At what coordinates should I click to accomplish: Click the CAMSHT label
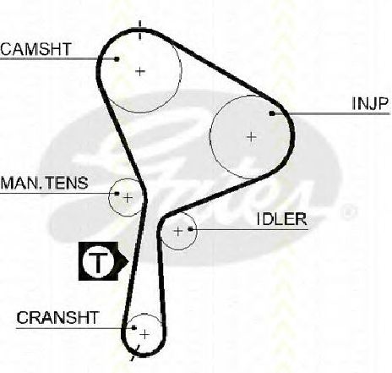[35, 49]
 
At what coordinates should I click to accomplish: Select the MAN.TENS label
[44, 183]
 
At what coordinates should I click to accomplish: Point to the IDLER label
[282, 219]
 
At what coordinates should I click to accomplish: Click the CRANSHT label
[57, 318]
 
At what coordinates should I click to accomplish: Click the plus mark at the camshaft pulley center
[140, 71]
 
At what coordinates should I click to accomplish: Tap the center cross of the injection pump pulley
[251, 137]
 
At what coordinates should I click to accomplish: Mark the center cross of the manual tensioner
[128, 198]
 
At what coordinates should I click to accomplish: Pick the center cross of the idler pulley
[178, 232]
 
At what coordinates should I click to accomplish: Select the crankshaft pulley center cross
[144, 335]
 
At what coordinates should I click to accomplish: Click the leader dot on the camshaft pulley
[117, 59]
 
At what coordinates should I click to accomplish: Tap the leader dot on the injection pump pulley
[272, 113]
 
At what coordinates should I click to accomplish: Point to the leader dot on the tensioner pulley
[117, 194]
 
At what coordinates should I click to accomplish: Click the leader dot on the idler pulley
[191, 229]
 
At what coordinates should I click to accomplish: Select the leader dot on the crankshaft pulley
[134, 327]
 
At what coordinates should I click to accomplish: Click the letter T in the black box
[98, 261]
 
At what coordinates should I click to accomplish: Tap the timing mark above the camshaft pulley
[140, 30]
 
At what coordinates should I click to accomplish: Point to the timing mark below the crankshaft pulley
[134, 353]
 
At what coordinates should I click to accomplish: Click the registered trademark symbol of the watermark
[348, 212]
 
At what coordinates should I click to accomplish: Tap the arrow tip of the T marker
[129, 261]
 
